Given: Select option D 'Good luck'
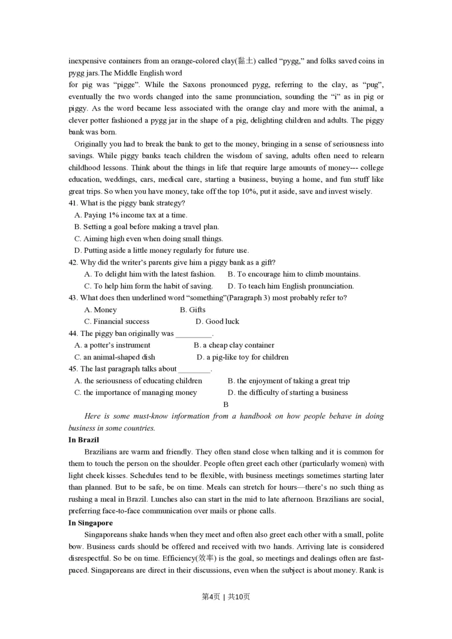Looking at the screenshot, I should pyautogui.click(x=217, y=321).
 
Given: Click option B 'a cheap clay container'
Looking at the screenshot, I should pyautogui.click(x=234, y=345).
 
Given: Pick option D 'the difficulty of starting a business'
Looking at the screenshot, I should pyautogui.click(x=288, y=392).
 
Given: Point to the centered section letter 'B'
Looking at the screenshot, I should pyautogui.click(x=226, y=404).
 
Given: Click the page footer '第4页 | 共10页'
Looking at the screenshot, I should pyautogui.click(x=225, y=597).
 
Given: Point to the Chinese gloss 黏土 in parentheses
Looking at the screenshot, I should pyautogui.click(x=246, y=61).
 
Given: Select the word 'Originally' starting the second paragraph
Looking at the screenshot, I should pyautogui.click(x=92, y=144).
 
